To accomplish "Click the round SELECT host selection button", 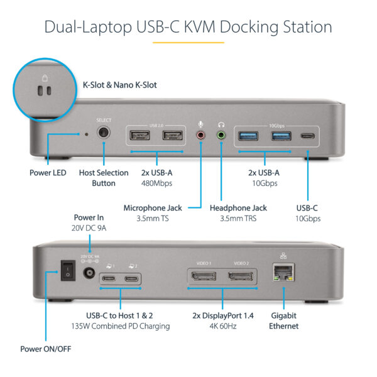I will tap(103, 133).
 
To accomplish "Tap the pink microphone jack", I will tap(200, 134).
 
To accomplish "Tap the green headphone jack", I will tap(221, 134).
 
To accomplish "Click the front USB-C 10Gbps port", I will tap(307, 136).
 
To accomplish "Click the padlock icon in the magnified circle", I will tap(44, 78).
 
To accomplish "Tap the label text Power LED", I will tap(48, 173).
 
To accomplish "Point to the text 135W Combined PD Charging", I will tap(120, 325).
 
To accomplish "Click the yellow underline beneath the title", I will tap(188, 43).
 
